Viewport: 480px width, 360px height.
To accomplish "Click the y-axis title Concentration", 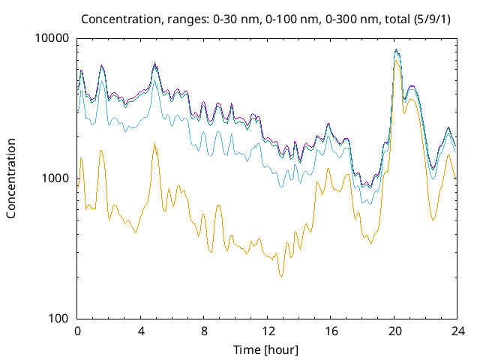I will pyautogui.click(x=11, y=178).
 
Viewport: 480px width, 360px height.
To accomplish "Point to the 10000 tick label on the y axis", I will pyautogui.click(x=53, y=38).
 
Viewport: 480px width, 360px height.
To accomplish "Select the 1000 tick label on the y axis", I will pyautogui.click(x=56, y=178).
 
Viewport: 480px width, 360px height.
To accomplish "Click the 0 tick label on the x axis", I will pyautogui.click(x=77, y=331).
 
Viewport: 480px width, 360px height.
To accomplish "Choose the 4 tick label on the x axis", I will pyautogui.click(x=141, y=331).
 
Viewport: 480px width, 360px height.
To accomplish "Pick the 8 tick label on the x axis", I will pyautogui.click(x=204, y=331).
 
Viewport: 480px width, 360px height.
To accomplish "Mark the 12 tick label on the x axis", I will pyautogui.click(x=268, y=331).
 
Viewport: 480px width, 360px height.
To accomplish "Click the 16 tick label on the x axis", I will pyautogui.click(x=331, y=331).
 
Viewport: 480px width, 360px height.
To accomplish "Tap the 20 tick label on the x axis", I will pyautogui.click(x=394, y=331).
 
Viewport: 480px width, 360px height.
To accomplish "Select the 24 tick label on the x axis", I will pyautogui.click(x=457, y=331).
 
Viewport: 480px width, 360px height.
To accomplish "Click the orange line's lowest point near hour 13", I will pyautogui.click(x=281, y=277).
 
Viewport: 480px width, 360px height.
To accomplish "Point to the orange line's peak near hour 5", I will pyautogui.click(x=154, y=142).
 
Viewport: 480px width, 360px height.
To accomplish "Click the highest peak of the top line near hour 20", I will pyautogui.click(x=397, y=49).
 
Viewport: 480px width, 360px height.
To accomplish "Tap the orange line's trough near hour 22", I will pyautogui.click(x=433, y=220).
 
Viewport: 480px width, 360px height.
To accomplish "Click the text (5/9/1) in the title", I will pyautogui.click(x=422, y=18).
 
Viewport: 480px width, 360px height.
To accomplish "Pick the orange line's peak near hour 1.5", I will pyautogui.click(x=101, y=150).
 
